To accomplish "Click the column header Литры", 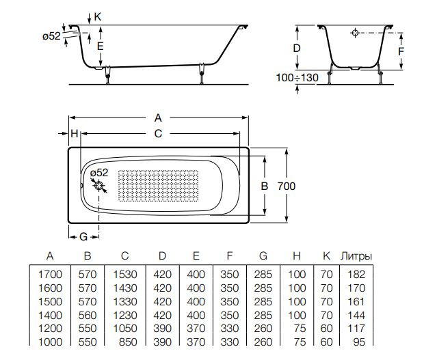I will (x=356, y=256).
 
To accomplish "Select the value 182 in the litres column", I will (x=356, y=275).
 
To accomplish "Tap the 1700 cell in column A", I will (x=49, y=275).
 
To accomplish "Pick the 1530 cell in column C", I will (x=124, y=275).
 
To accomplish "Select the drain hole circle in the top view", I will (x=99, y=186).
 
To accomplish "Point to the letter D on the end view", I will (x=296, y=48).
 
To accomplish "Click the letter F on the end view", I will (x=401, y=51).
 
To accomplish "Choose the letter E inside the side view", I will (x=100, y=46).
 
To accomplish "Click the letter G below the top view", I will (x=82, y=236).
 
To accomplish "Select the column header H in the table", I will (x=297, y=256).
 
